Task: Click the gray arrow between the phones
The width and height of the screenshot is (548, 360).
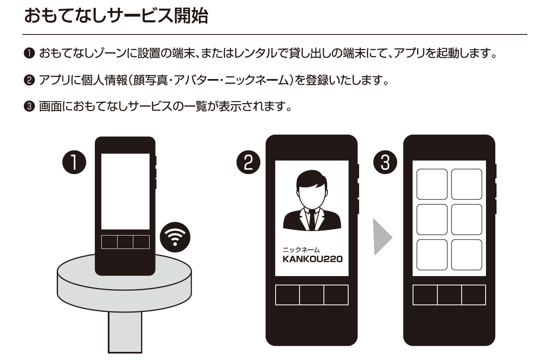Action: click(381, 237)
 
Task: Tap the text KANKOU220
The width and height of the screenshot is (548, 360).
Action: click(312, 259)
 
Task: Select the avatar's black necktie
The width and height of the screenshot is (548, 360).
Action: click(311, 219)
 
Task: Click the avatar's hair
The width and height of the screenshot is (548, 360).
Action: click(311, 178)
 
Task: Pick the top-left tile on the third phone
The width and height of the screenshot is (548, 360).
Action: click(432, 184)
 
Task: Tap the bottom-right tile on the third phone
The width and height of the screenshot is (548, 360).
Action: click(467, 255)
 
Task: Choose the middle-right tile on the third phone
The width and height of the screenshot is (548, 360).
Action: click(467, 219)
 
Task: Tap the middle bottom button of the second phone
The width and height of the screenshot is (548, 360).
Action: click(312, 295)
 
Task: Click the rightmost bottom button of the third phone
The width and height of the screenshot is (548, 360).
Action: click(473, 295)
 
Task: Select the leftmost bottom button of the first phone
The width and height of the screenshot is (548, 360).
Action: click(109, 242)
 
